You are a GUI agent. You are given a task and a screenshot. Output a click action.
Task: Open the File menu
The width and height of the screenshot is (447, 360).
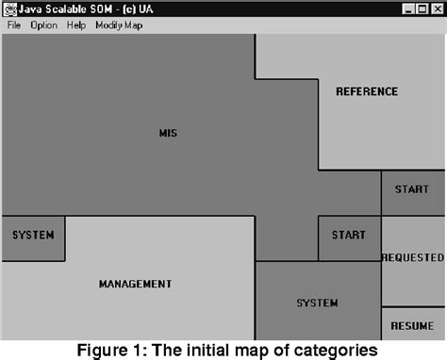tap(13, 25)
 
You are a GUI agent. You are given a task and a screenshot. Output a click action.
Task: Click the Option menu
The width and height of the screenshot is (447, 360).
tap(43, 25)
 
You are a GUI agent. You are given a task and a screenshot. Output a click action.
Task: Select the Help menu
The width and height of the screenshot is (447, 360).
tap(75, 25)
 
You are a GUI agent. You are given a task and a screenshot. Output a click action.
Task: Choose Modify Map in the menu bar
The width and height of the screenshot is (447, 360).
tap(119, 25)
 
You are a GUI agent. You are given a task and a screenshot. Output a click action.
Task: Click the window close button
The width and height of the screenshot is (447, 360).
tap(436, 8)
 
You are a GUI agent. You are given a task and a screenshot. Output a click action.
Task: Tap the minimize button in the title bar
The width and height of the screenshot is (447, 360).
tap(406, 8)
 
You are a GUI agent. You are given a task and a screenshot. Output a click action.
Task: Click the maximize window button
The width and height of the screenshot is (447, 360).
tap(421, 8)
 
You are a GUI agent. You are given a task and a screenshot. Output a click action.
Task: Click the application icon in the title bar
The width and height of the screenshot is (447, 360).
tap(9, 8)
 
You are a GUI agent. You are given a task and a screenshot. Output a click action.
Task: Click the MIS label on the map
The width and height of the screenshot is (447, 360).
tap(168, 133)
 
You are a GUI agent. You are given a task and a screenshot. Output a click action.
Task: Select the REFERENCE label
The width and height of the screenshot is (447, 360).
tap(367, 91)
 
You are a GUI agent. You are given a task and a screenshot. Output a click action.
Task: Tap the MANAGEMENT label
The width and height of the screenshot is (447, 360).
tap(135, 284)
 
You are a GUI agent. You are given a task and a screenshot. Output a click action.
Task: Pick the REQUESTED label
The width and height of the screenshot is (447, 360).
tap(412, 257)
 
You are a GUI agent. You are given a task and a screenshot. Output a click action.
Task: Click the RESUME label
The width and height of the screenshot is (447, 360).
tap(412, 325)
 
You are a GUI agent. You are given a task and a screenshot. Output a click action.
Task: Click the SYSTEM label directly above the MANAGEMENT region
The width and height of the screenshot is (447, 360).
tap(33, 235)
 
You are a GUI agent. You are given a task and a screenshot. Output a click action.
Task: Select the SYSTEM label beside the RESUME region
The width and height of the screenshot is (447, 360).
tap(317, 303)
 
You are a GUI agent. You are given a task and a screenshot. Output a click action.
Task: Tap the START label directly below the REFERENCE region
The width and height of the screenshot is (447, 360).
tap(412, 189)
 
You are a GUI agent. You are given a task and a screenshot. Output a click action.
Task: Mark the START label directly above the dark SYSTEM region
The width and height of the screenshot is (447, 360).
tap(349, 235)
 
